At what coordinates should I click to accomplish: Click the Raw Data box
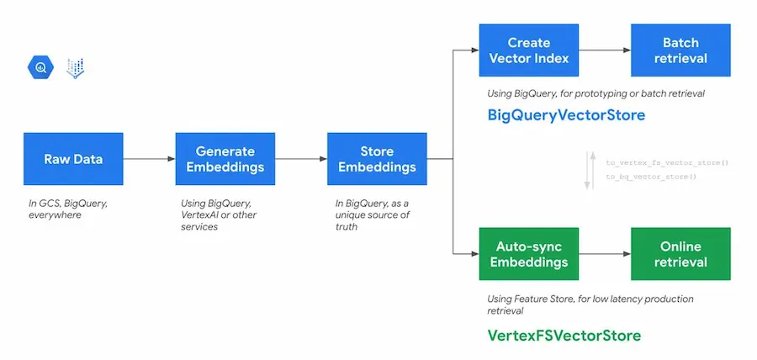73,159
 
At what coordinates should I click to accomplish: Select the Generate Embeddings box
225,159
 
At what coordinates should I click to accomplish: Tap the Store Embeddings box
376,159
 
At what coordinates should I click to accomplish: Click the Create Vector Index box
529,50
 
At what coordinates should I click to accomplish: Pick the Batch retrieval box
680,50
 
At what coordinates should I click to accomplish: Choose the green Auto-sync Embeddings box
529,254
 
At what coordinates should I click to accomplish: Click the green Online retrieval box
680,254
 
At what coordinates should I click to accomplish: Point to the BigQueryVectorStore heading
566,114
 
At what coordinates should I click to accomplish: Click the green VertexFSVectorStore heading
564,336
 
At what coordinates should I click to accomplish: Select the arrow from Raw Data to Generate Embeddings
149,159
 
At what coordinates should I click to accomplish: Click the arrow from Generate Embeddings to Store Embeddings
300,159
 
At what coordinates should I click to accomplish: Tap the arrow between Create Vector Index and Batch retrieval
605,50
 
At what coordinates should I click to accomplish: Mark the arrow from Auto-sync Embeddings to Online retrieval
605,254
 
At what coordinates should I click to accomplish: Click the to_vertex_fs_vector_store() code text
666,162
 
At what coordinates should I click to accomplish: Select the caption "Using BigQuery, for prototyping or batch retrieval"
596,93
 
